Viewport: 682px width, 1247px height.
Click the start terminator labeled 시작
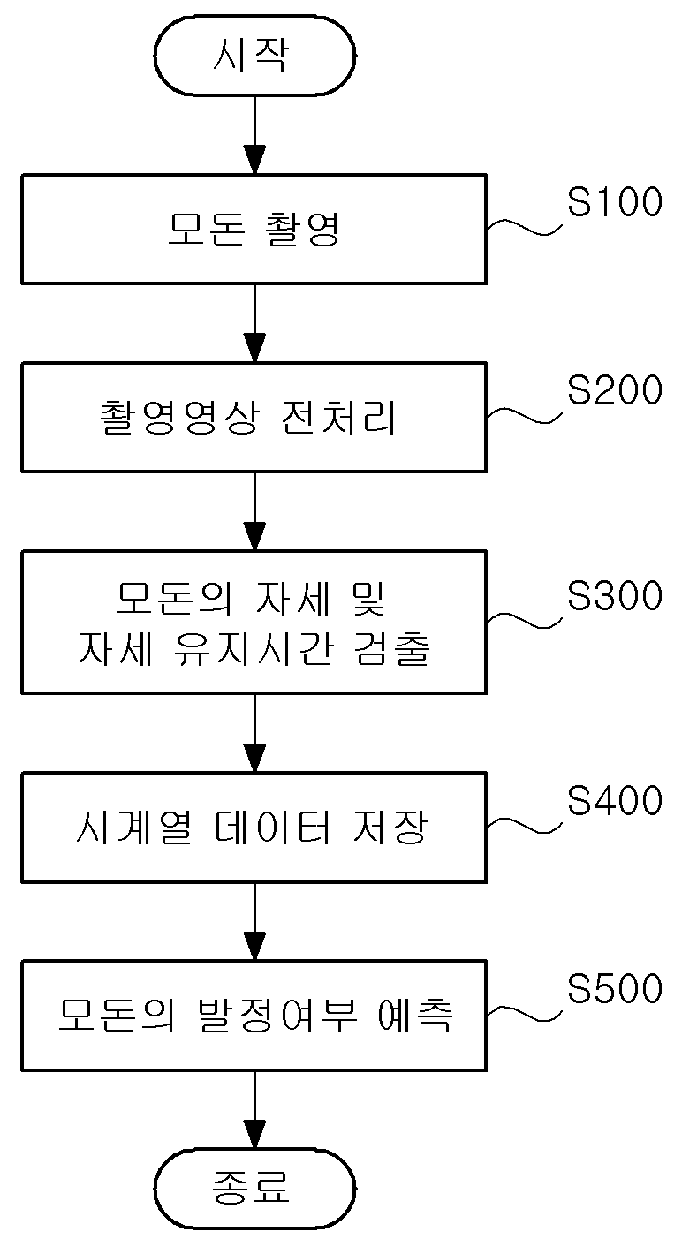(x=254, y=55)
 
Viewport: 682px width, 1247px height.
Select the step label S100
(x=615, y=201)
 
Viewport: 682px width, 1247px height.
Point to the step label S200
(x=615, y=389)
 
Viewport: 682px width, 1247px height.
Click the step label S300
(x=615, y=595)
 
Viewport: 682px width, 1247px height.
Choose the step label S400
(x=615, y=800)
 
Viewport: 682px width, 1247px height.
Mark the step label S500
(x=615, y=988)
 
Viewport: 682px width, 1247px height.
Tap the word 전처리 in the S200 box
(x=338, y=418)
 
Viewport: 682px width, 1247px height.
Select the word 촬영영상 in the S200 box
(x=179, y=418)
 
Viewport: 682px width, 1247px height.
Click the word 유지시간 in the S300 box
(x=254, y=648)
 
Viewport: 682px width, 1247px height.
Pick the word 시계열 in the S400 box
(x=133, y=828)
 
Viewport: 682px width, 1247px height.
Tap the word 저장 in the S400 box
(x=390, y=828)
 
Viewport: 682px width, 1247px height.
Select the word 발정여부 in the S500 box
(x=277, y=1016)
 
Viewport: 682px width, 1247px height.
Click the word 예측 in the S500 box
(x=415, y=1016)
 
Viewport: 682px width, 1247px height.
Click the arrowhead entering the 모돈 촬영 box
(x=254, y=161)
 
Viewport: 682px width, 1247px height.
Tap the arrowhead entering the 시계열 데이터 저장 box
(x=254, y=759)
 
